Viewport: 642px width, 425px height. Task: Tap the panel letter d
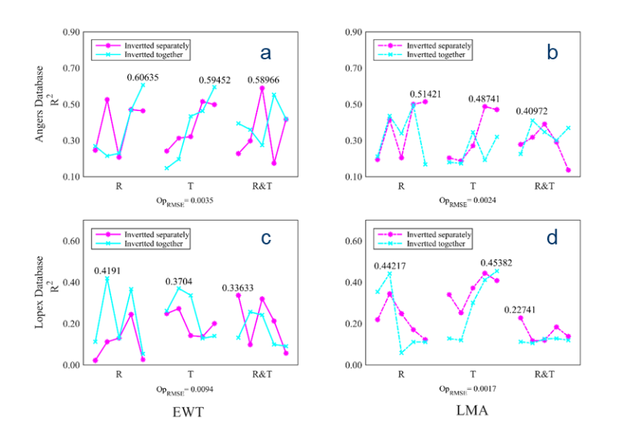552,238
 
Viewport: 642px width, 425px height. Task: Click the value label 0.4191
107,271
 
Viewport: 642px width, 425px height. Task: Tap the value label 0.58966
263,79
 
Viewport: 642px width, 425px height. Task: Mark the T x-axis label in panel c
191,375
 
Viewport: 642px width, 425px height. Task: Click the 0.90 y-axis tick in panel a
71,32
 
